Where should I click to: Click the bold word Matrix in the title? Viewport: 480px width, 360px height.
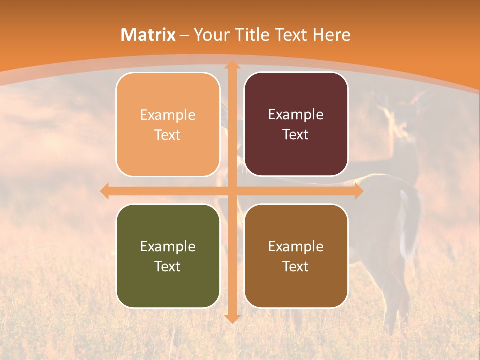tap(148, 35)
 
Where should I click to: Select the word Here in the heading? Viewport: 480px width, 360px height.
tap(331, 35)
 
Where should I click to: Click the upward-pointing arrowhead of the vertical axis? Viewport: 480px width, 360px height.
tap(232, 65)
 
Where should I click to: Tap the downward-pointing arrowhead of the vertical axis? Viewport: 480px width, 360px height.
tap(232, 318)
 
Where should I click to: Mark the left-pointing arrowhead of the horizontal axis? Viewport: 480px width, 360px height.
tap(104, 191)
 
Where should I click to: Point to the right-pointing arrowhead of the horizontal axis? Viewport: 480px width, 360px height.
tap(358, 191)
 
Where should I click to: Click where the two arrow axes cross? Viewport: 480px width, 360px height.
tap(232, 191)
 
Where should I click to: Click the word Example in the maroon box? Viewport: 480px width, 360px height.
tap(296, 115)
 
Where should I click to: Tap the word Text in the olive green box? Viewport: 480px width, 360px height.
tap(168, 266)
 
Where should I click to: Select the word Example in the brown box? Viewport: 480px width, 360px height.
tap(296, 246)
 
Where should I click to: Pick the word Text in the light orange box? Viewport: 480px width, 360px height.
tap(168, 135)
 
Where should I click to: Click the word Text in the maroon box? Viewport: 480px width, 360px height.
tap(296, 134)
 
